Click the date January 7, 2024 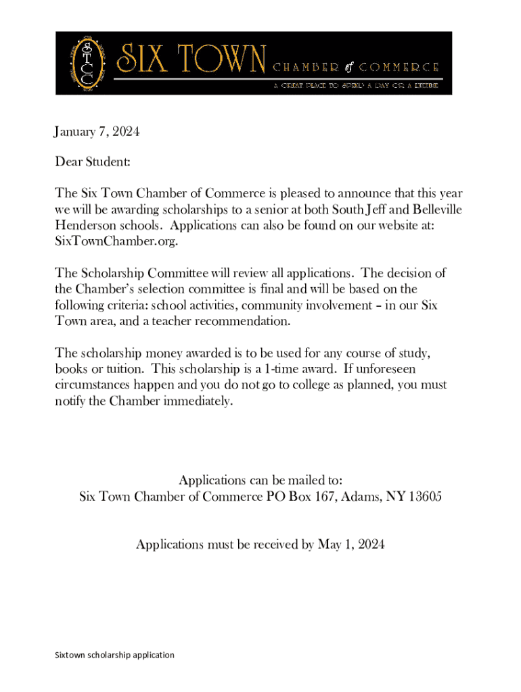[x=97, y=132]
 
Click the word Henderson [x=85, y=226]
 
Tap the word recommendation [x=240, y=322]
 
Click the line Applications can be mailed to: [x=260, y=480]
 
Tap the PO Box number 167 [x=322, y=497]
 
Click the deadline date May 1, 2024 [x=351, y=544]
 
